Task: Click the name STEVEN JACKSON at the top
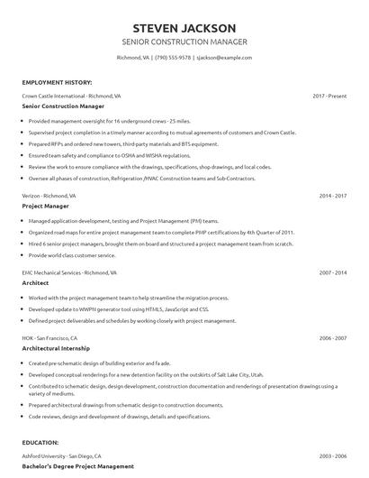(x=184, y=28)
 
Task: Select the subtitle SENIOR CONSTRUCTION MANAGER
(x=184, y=42)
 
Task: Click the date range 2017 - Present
(x=329, y=95)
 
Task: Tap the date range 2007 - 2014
(x=332, y=271)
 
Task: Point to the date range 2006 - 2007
(x=332, y=337)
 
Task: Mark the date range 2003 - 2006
(x=332, y=456)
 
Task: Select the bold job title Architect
(x=35, y=282)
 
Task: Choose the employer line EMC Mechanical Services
(x=63, y=271)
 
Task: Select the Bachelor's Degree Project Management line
(x=77, y=466)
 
